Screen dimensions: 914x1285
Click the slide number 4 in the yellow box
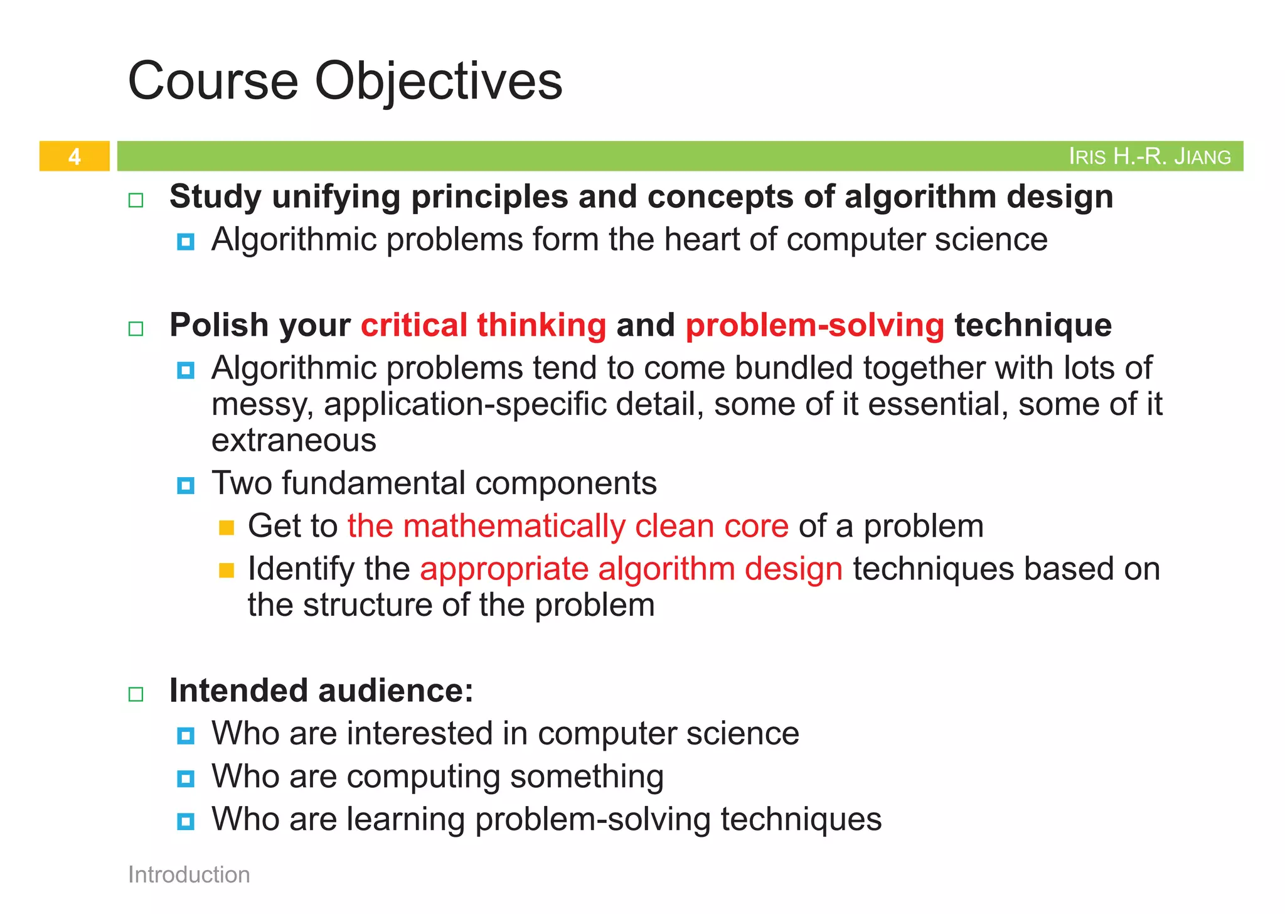74,156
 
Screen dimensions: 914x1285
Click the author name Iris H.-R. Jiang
1149,156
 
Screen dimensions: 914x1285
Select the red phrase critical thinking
483,325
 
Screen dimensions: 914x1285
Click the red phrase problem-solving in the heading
814,325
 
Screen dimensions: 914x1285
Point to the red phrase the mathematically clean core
568,526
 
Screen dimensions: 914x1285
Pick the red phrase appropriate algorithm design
631,569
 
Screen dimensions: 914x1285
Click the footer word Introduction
189,874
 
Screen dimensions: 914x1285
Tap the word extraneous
294,441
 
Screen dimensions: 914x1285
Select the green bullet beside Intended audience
136,694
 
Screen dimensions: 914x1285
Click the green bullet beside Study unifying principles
136,200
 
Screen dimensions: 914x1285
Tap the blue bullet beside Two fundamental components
186,485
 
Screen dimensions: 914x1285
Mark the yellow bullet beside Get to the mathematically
227,528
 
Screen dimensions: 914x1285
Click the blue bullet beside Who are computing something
186,779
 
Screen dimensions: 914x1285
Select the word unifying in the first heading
336,197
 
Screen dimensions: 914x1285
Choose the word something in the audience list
587,777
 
